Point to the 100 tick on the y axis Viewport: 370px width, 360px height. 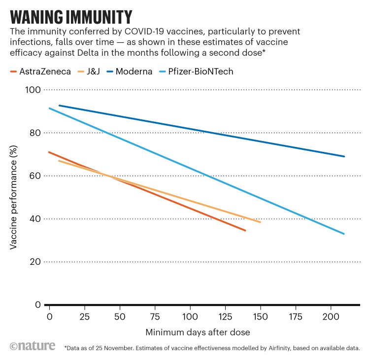(x=33, y=90)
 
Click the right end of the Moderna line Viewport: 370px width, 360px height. (x=344, y=156)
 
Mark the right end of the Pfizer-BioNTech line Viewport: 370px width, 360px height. (x=344, y=234)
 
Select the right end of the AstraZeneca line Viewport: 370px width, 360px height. (x=245, y=230)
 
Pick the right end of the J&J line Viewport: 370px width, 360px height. (x=260, y=222)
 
